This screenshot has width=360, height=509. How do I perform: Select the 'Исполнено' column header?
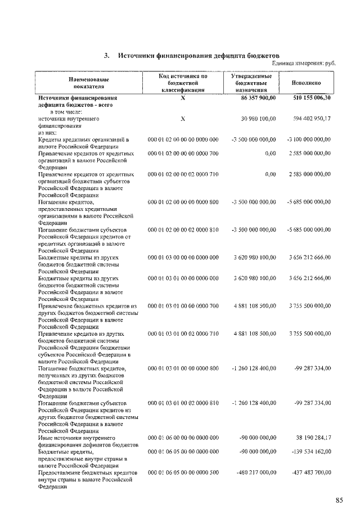pyautogui.click(x=307, y=83)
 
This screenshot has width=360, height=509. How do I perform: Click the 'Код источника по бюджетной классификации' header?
pyautogui.click(x=183, y=83)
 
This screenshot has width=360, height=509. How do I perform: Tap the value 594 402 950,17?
pyautogui.click(x=312, y=119)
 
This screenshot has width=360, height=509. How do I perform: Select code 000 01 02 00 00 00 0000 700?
pyautogui.click(x=183, y=153)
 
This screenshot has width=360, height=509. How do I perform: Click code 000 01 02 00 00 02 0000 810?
pyautogui.click(x=183, y=229)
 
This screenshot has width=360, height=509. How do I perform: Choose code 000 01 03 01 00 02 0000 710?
pyautogui.click(x=183, y=334)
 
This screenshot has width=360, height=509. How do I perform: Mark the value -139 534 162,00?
pyautogui.click(x=312, y=452)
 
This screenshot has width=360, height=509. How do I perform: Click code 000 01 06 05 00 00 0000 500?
pyautogui.click(x=183, y=472)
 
